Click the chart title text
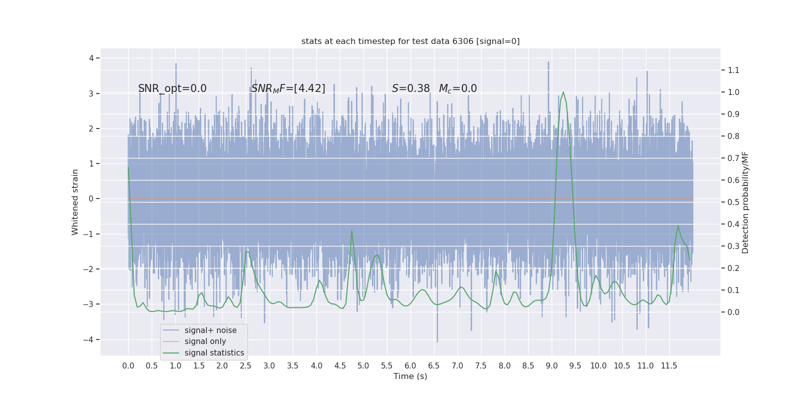click(x=411, y=41)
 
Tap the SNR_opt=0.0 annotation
click(x=172, y=88)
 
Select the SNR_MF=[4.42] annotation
click(x=288, y=88)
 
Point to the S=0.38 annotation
click(x=411, y=88)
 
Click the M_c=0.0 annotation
click(x=458, y=88)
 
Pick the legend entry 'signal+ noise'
click(x=210, y=330)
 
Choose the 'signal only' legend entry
click(x=205, y=341)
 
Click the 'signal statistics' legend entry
click(x=214, y=353)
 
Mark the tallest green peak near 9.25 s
click(x=563, y=92)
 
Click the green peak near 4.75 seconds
click(x=352, y=230)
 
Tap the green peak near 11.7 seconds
click(x=678, y=225)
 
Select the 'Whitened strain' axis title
click(x=75, y=202)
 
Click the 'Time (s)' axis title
click(x=411, y=376)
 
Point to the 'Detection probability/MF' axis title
click(x=745, y=202)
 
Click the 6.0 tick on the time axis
click(x=411, y=366)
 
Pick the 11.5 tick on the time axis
click(x=669, y=366)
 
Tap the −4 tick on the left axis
click(x=91, y=340)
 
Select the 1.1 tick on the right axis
click(x=733, y=70)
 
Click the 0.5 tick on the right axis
click(x=733, y=202)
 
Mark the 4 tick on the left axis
click(x=91, y=58)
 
